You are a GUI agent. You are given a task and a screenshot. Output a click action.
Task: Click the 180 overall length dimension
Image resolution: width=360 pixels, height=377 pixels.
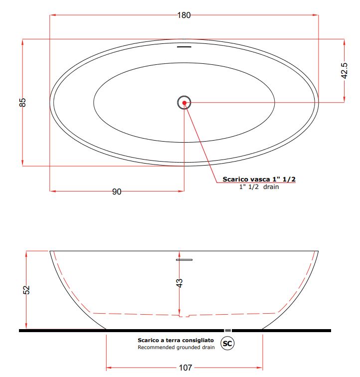[184, 15]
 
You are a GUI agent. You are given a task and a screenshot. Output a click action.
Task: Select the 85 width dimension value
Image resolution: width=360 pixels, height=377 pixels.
[22, 102]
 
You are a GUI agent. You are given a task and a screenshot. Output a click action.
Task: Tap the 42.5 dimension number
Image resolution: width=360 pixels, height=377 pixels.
[344, 70]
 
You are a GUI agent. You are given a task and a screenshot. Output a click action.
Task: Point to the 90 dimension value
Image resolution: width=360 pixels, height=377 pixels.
[117, 191]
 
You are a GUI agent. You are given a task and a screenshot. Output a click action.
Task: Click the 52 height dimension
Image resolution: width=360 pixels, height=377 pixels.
[26, 290]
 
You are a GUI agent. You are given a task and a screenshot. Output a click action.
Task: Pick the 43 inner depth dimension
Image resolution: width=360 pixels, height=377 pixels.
[180, 283]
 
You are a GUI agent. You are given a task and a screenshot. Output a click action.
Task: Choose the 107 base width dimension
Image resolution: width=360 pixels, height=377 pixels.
[185, 368]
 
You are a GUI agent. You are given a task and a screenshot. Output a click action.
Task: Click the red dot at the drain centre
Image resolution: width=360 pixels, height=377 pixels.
[184, 103]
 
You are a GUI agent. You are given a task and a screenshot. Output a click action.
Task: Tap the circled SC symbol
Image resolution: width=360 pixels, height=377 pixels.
[227, 343]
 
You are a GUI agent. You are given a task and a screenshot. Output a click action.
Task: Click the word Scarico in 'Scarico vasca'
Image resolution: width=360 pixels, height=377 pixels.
[235, 179]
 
